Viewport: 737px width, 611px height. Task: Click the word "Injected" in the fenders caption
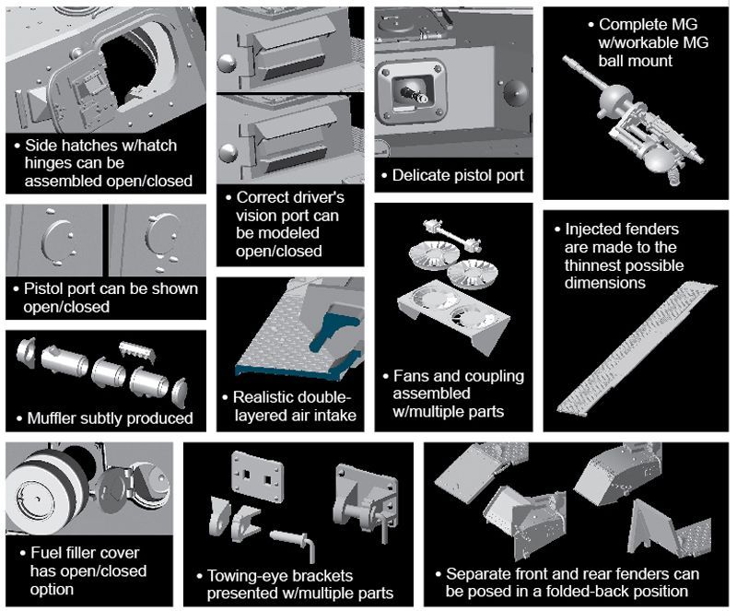(597, 229)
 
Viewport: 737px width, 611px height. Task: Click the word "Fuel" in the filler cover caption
(42, 554)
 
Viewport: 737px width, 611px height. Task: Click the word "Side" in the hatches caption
(41, 146)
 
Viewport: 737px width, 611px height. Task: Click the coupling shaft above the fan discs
(452, 235)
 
